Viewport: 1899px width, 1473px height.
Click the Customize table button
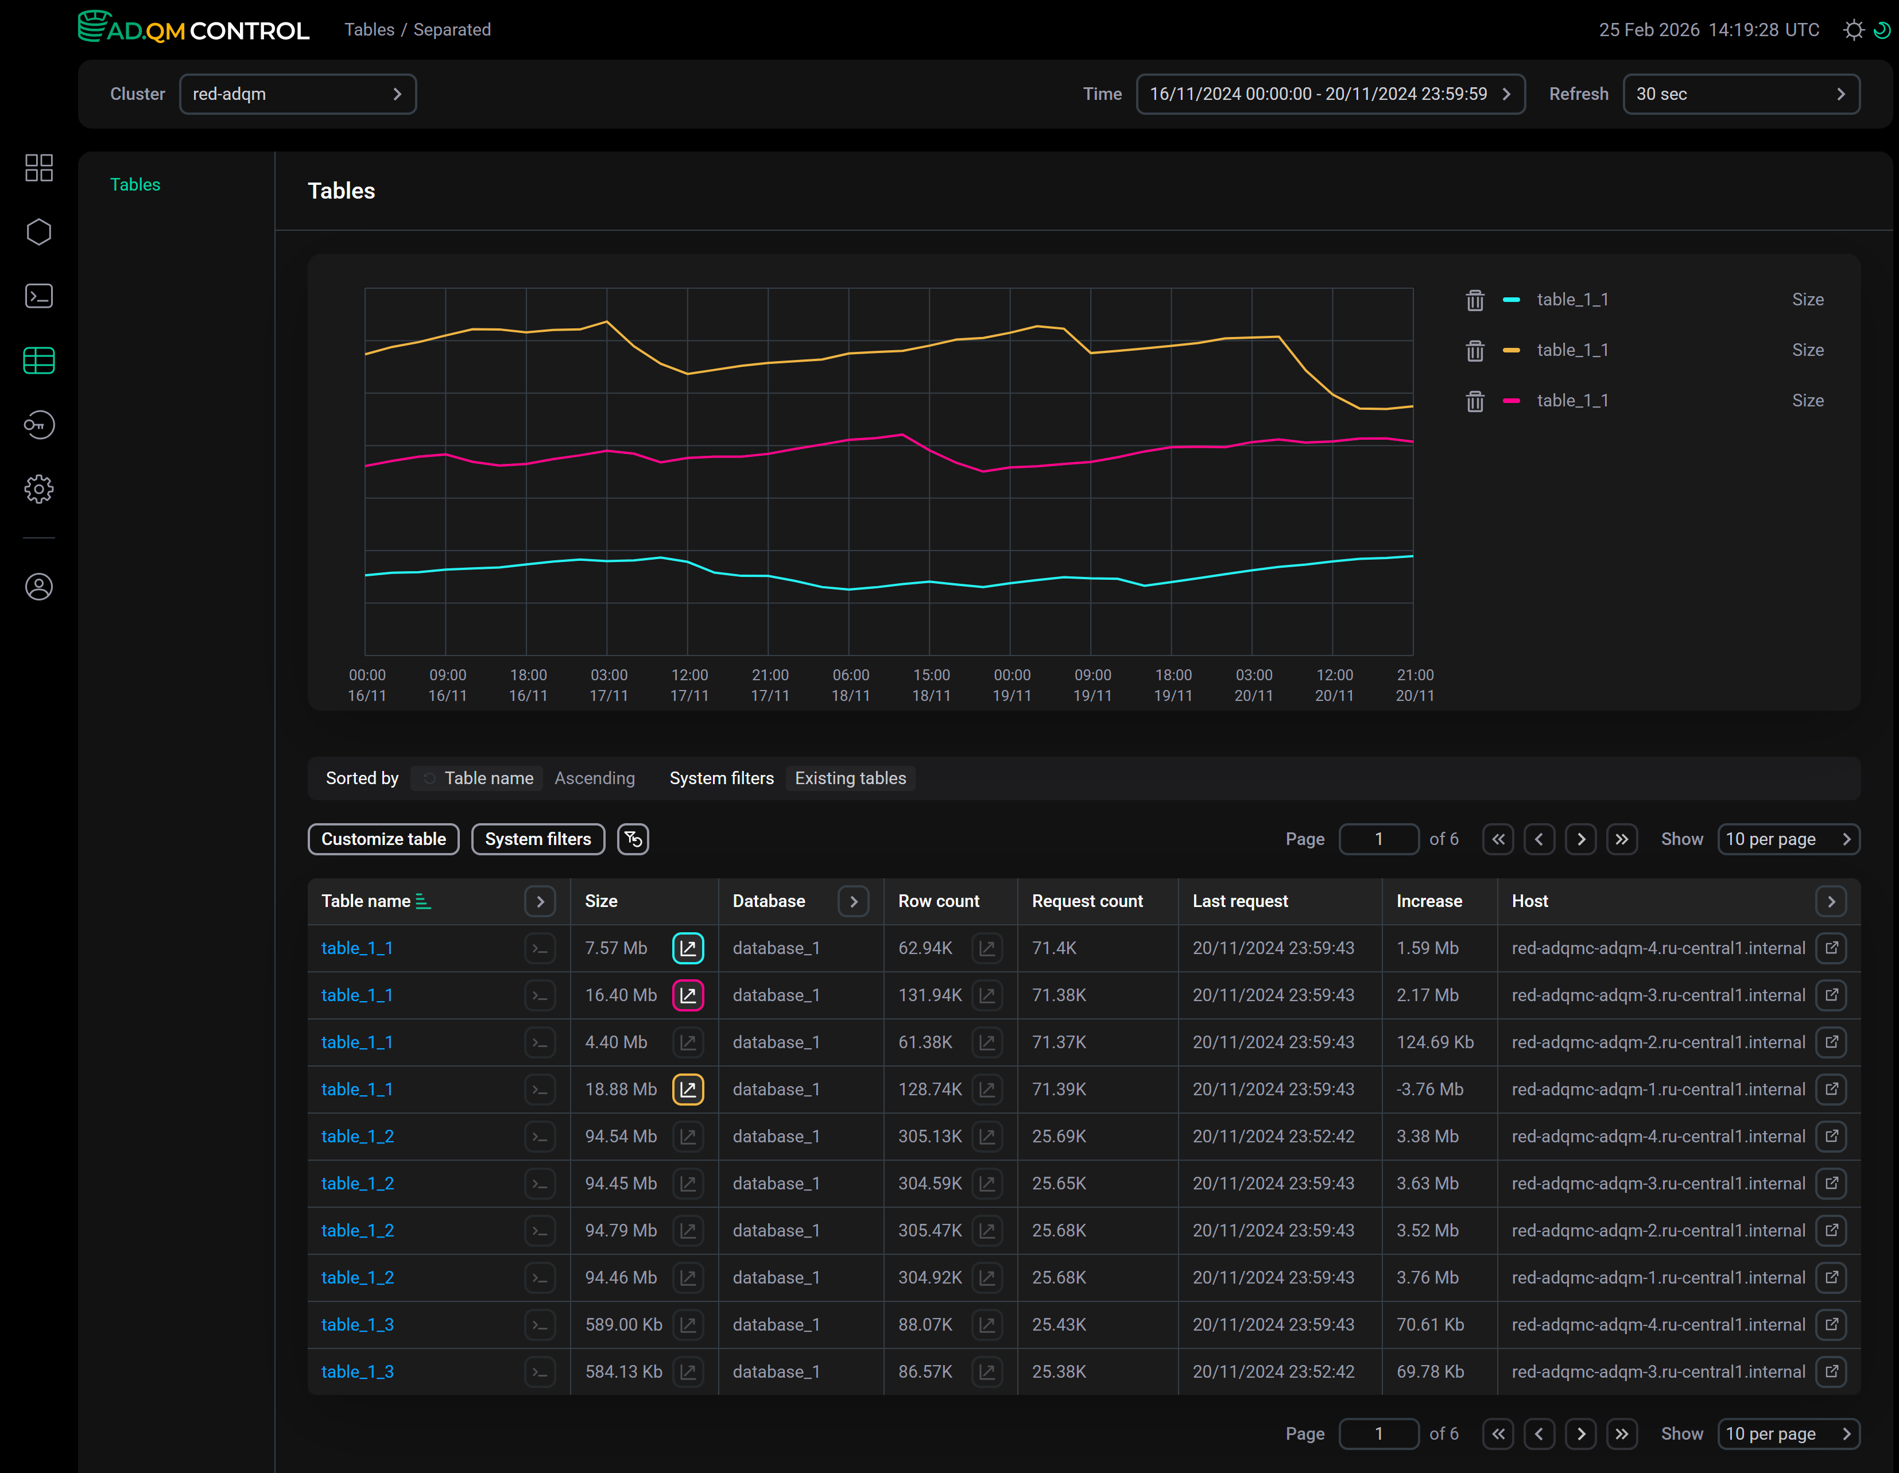coord(383,839)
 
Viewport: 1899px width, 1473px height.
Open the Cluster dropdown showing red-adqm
coord(297,94)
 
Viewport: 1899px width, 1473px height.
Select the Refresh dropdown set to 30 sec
coord(1741,94)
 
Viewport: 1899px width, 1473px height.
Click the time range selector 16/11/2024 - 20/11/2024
coord(1330,94)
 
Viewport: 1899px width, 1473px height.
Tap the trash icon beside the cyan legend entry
coord(1475,300)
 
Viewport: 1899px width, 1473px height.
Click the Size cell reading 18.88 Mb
coord(621,1090)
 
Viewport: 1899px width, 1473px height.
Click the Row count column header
coord(938,901)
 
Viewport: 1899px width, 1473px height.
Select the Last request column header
coord(1240,901)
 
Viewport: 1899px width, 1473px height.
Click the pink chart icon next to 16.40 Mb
coord(688,995)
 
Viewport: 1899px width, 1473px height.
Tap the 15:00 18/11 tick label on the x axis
coord(931,685)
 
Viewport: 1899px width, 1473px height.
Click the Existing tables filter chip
coord(850,778)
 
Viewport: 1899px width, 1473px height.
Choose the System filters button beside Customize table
coord(538,839)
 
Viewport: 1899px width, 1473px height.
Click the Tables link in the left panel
coord(135,184)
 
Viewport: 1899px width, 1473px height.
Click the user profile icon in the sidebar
coord(39,587)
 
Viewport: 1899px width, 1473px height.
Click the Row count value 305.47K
coord(929,1230)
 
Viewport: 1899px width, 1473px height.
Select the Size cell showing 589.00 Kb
coord(623,1324)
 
